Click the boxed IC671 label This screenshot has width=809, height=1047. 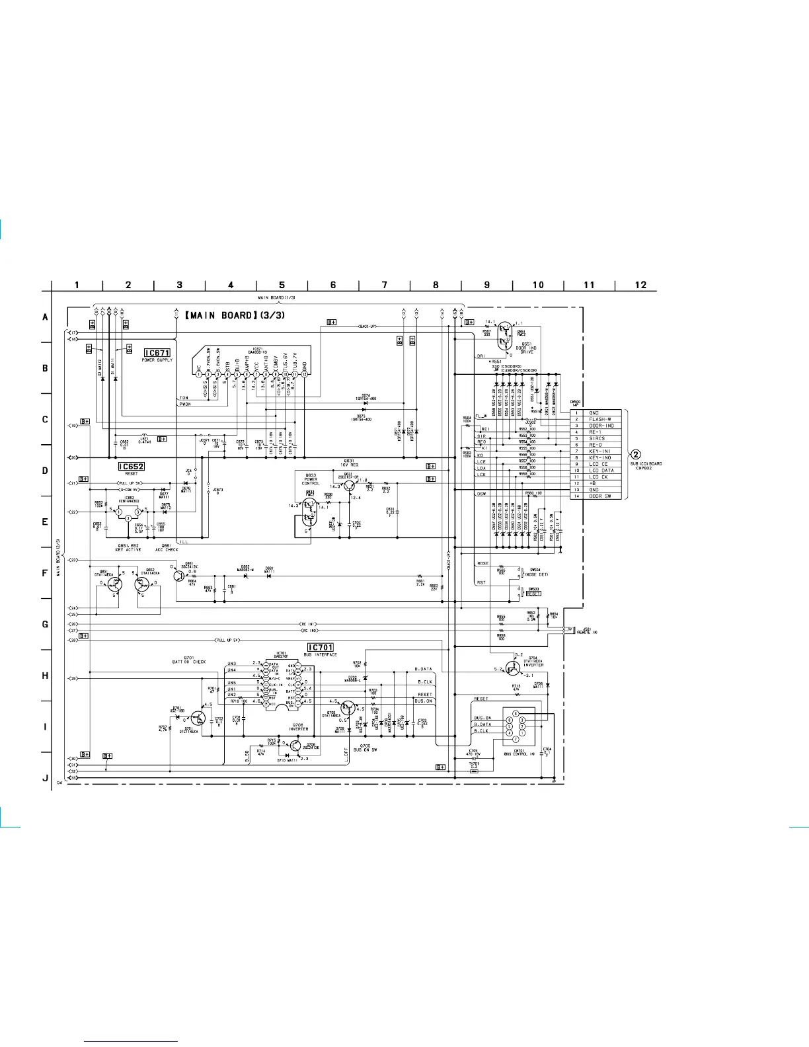pyautogui.click(x=157, y=353)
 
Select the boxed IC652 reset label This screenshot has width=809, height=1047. pyautogui.click(x=131, y=467)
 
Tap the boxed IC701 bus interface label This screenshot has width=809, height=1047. pyautogui.click(x=321, y=647)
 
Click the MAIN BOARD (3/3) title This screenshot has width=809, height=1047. pyautogui.click(x=235, y=315)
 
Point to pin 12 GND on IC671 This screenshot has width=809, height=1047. pyautogui.click(x=305, y=374)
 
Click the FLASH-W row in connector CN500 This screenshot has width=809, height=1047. pyautogui.click(x=600, y=419)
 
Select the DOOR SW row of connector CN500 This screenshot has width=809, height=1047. pyautogui.click(x=600, y=496)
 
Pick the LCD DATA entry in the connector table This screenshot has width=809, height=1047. pyautogui.click(x=601, y=471)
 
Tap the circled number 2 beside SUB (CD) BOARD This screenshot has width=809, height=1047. pyautogui.click(x=636, y=454)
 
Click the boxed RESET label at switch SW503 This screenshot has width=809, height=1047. pyautogui.click(x=533, y=594)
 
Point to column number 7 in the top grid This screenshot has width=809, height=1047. pyautogui.click(x=384, y=285)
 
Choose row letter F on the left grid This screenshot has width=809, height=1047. pyautogui.click(x=46, y=573)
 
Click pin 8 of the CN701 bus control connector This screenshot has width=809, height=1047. pyautogui.click(x=516, y=713)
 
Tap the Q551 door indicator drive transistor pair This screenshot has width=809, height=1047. pyautogui.click(x=505, y=333)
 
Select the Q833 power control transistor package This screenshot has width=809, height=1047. pyautogui.click(x=308, y=508)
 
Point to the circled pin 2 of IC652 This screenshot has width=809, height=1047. pyautogui.click(x=128, y=519)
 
